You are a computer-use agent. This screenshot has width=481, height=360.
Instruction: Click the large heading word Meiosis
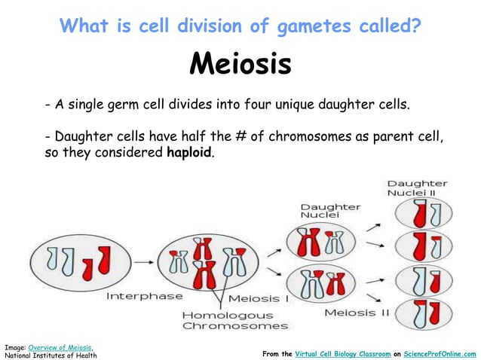click(x=240, y=66)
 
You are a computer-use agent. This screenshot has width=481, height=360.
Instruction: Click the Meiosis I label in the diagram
click(x=259, y=298)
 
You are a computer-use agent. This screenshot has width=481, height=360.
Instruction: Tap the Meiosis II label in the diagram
click(x=357, y=312)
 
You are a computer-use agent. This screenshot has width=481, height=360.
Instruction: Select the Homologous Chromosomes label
click(x=234, y=320)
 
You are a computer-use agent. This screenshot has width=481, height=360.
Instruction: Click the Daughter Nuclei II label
click(x=417, y=188)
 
